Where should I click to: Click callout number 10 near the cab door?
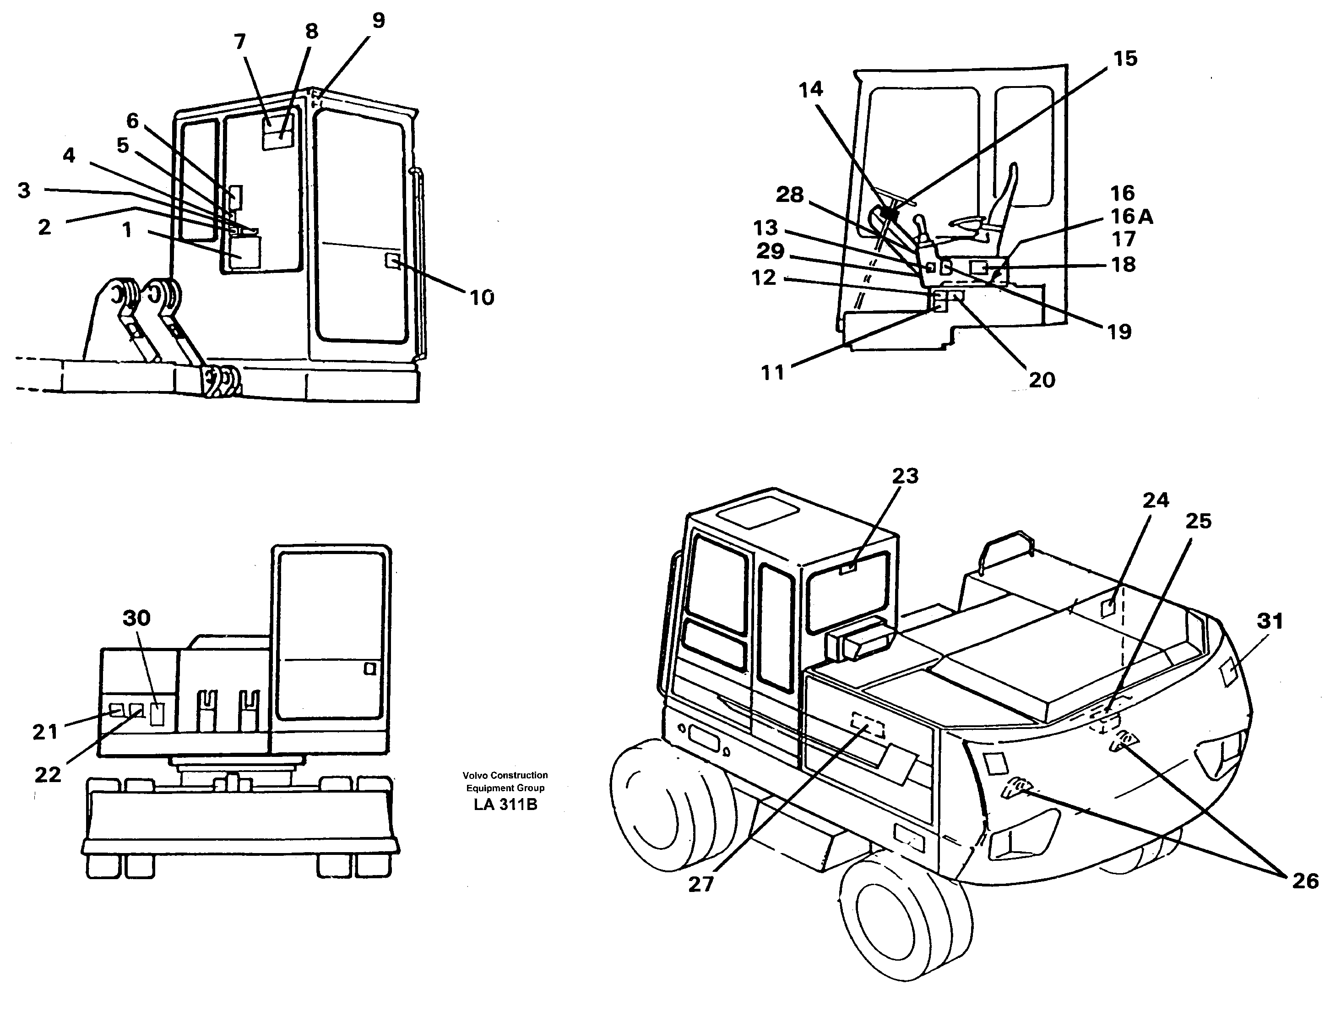[481, 298]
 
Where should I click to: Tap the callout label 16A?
[1131, 216]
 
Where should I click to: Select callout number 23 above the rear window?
[905, 476]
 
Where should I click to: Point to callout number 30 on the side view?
[136, 618]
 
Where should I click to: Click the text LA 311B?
[505, 805]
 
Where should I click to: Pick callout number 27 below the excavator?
[700, 884]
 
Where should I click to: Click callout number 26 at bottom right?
[1305, 881]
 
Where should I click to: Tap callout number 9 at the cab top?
[378, 21]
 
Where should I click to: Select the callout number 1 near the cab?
[127, 230]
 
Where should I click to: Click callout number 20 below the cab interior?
[1042, 380]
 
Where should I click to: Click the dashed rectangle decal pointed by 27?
[868, 725]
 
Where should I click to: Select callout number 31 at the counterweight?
[1270, 621]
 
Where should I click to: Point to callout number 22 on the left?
[48, 775]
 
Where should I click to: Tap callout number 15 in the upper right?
[1125, 59]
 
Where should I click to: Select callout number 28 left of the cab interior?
[789, 195]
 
